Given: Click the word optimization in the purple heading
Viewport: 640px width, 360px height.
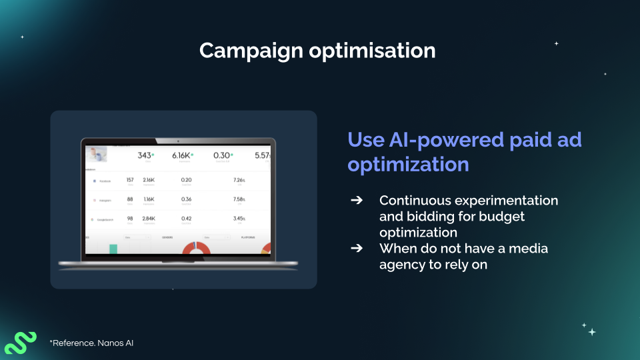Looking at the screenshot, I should tap(407, 164).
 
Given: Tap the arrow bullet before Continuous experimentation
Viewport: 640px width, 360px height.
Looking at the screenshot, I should tap(357, 201).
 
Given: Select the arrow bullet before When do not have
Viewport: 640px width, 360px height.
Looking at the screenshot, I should tap(357, 249).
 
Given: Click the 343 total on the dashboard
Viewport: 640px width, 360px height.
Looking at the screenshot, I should tap(144, 155).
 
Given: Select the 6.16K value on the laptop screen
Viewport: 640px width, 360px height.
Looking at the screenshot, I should tap(181, 155).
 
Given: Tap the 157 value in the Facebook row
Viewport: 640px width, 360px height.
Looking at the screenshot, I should tap(130, 180).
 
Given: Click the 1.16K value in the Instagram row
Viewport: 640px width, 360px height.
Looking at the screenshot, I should tap(149, 199).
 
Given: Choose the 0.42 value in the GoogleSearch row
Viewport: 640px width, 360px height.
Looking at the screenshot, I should tap(187, 218).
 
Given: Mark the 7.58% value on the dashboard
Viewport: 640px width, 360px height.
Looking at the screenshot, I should tap(238, 199).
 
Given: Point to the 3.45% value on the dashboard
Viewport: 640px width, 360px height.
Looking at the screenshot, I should tap(238, 218).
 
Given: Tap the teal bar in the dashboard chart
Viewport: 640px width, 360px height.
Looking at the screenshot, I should tap(113, 249).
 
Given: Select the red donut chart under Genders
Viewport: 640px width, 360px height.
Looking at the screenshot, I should tap(196, 248).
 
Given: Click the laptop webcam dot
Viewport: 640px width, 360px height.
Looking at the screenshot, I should tap(178, 141).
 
